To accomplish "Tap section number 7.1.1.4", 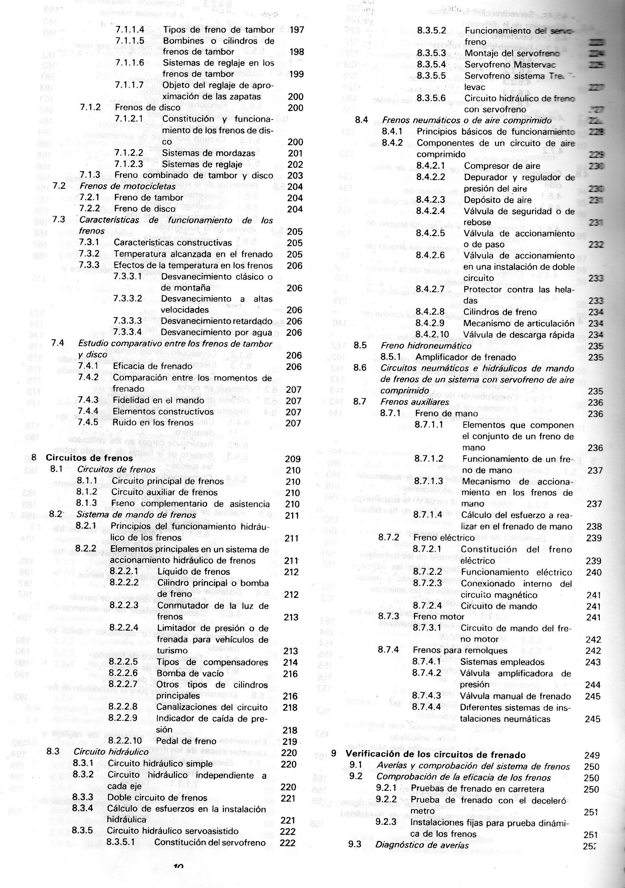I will (130, 29).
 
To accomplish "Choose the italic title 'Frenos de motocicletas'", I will (127, 186).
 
